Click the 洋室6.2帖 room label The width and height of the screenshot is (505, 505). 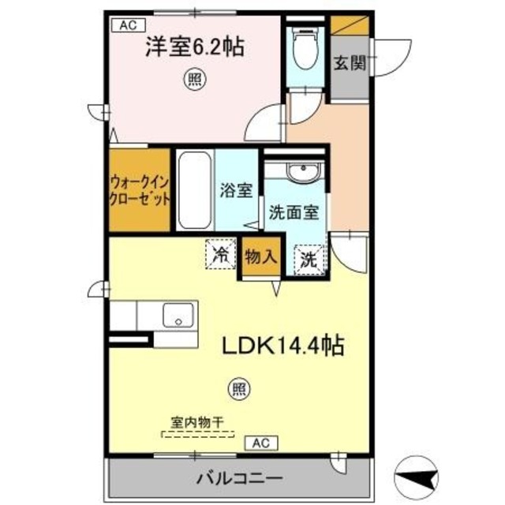193,47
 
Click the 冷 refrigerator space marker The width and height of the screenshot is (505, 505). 221,254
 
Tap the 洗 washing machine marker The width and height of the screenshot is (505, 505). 309,257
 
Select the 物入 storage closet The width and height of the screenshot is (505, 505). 260,256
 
